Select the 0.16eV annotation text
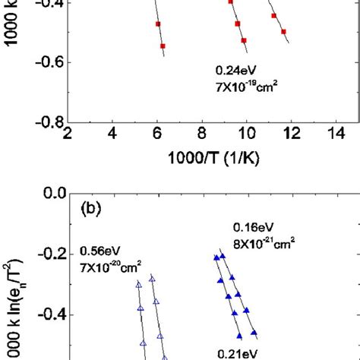click(251, 227)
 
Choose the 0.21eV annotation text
click(236, 352)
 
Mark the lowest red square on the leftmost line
click(163, 46)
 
